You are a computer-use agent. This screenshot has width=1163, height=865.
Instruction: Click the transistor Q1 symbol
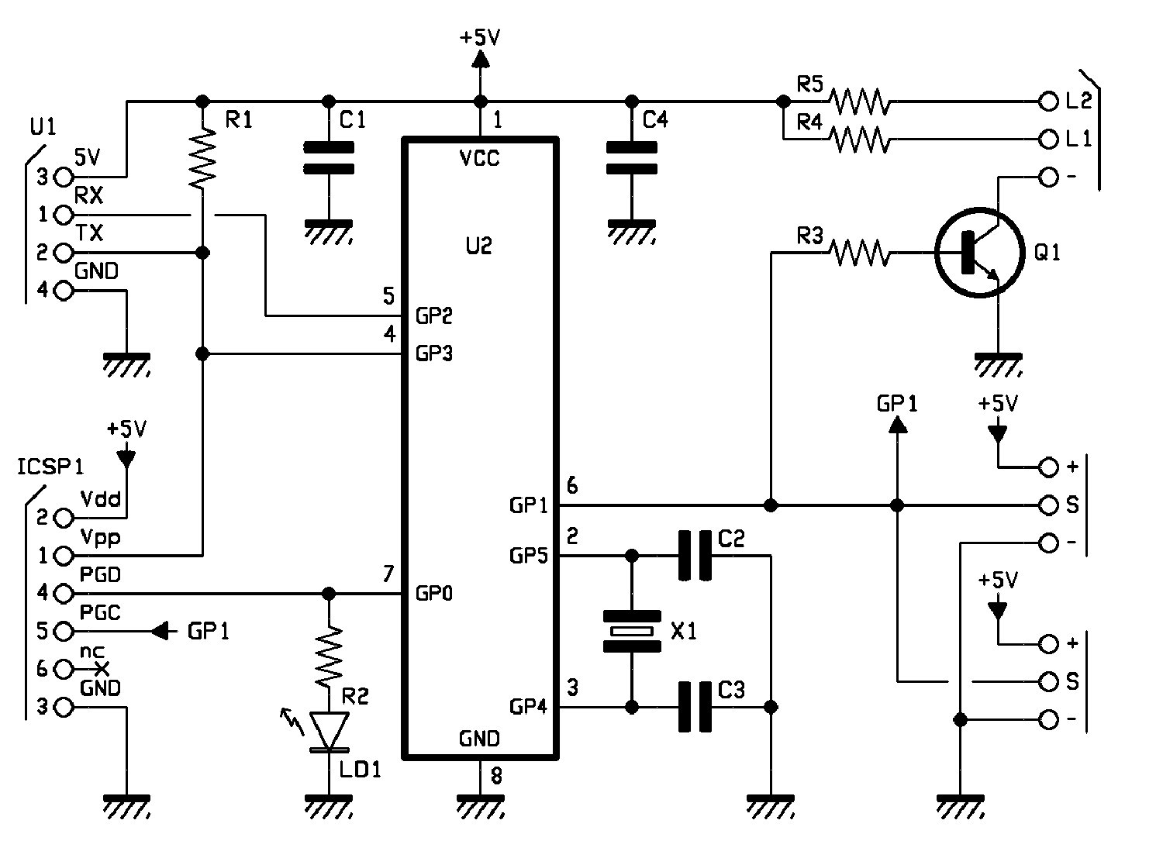pyautogui.click(x=979, y=253)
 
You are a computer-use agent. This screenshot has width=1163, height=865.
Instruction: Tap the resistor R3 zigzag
pyautogui.click(x=859, y=253)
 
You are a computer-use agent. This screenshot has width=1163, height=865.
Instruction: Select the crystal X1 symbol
pyautogui.click(x=632, y=631)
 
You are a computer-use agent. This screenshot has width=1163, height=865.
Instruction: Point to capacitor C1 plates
pyautogui.click(x=329, y=158)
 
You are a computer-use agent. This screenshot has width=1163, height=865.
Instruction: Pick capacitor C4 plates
pyautogui.click(x=632, y=158)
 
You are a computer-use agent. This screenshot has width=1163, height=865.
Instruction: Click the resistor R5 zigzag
pyautogui.click(x=859, y=102)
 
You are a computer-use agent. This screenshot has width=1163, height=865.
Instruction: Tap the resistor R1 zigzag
pyautogui.click(x=202, y=158)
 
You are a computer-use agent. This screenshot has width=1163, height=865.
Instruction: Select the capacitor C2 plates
pyautogui.click(x=695, y=555)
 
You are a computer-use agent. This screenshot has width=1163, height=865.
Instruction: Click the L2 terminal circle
pyautogui.click(x=1048, y=102)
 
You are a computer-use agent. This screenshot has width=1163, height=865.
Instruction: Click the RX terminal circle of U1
pyautogui.click(x=64, y=215)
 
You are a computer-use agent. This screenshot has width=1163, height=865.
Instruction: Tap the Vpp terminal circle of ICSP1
pyautogui.click(x=64, y=555)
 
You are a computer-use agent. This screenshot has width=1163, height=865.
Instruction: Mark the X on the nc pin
pyautogui.click(x=102, y=669)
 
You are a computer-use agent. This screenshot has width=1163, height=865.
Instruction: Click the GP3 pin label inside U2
pyautogui.click(x=434, y=354)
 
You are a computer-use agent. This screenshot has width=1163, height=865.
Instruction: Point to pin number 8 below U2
pyautogui.click(x=496, y=776)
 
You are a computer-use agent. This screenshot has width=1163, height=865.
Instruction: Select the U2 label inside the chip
pyautogui.click(x=478, y=246)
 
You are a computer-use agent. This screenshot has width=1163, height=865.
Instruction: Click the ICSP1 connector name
pyautogui.click(x=50, y=467)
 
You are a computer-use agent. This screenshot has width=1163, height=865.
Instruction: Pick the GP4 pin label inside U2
pyautogui.click(x=529, y=707)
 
